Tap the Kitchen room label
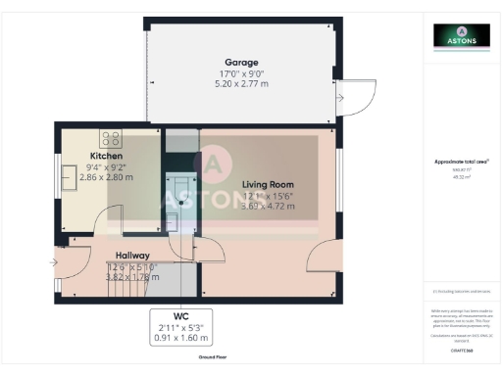point(107,156)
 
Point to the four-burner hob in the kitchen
point(111,138)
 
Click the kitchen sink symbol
point(70,177)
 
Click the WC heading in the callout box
point(179,316)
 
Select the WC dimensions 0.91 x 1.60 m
point(179,338)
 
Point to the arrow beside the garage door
point(339,98)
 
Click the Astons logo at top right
point(461,37)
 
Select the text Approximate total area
point(460,162)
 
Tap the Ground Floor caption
point(204,359)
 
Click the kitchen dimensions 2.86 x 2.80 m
point(106,177)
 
